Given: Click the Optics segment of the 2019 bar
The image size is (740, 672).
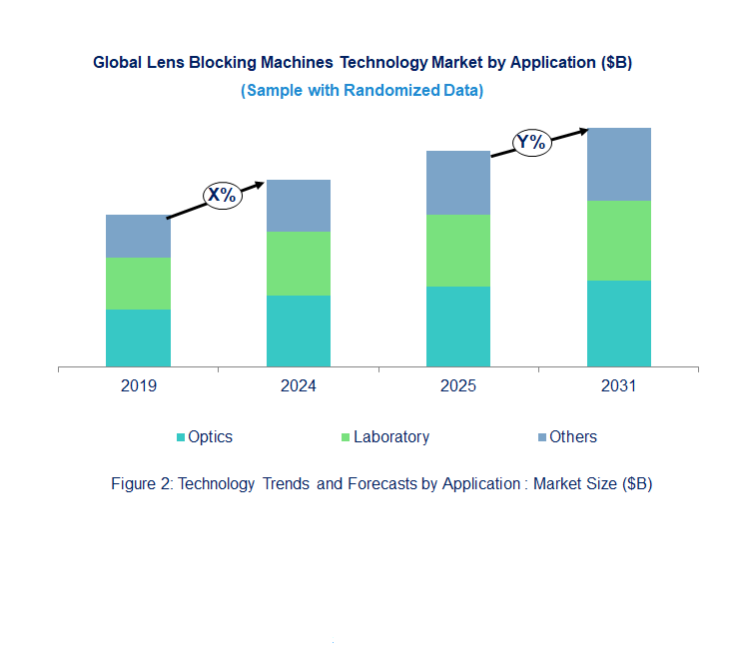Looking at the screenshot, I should [x=138, y=337].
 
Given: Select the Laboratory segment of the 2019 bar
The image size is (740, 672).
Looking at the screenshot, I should [x=138, y=284].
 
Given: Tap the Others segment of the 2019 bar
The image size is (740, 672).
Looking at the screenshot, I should [x=138, y=236].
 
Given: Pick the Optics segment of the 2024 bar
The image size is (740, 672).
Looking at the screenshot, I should [x=298, y=331].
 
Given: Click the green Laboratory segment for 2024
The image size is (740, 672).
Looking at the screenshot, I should [x=298, y=264].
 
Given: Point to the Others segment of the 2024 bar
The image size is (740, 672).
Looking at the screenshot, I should [x=298, y=206].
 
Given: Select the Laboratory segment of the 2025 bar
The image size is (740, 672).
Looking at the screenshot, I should [x=458, y=251].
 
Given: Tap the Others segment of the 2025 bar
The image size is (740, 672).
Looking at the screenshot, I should [x=458, y=183].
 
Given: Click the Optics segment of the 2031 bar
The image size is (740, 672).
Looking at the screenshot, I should [x=618, y=324].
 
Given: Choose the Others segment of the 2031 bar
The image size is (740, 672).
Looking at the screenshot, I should [x=618, y=164].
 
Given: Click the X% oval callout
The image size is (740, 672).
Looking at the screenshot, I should [x=222, y=195].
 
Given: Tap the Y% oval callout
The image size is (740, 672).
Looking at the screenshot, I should [x=531, y=142].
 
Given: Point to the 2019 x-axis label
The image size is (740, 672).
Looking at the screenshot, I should [x=138, y=386].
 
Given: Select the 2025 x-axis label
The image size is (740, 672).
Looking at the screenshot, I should [x=458, y=386].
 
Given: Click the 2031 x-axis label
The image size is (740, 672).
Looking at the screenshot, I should [x=618, y=386].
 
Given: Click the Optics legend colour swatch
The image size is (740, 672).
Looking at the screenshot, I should [x=181, y=437].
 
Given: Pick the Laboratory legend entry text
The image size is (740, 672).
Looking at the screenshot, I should [x=391, y=437].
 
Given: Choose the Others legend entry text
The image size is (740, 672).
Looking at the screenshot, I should [x=573, y=437].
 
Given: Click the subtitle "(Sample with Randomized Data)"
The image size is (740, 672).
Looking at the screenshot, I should [x=363, y=91].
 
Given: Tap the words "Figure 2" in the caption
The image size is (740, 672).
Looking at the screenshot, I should [x=138, y=484].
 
